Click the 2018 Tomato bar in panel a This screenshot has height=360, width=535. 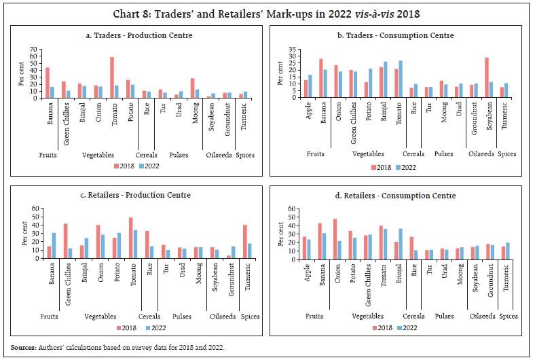coord(111,77)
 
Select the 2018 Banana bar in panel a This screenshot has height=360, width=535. coord(47,82)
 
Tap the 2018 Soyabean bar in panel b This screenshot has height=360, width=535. coord(487,77)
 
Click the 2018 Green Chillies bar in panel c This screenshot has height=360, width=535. coord(65,241)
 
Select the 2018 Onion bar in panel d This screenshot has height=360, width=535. coord(335,238)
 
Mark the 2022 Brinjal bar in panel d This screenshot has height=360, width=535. coord(401,243)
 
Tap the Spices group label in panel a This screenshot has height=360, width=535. coord(244,155)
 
